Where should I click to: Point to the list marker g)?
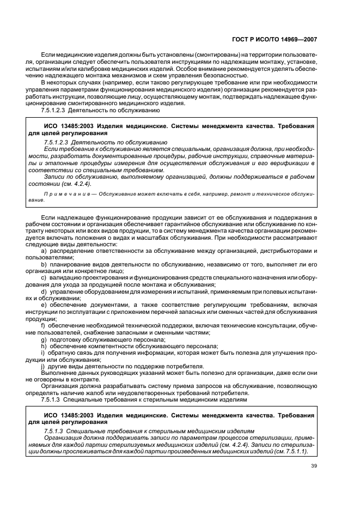tap(44, 339)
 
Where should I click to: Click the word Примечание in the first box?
tap(62, 193)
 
